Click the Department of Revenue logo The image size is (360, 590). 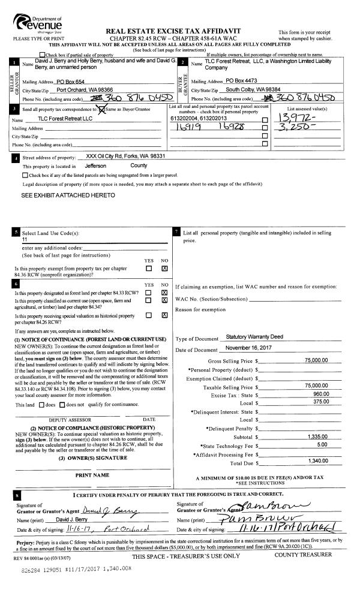coord(38,24)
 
